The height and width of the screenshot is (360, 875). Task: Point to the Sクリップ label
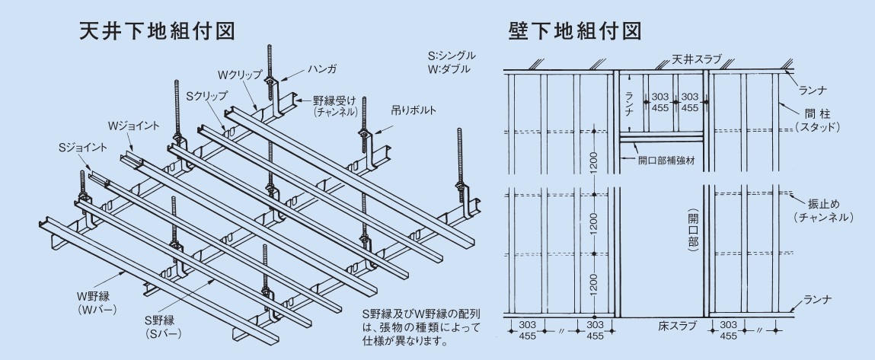click(206, 97)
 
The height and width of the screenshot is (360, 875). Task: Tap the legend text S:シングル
click(452, 56)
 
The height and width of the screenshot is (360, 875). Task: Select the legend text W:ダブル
click(449, 69)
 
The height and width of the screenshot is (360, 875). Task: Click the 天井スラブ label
click(696, 59)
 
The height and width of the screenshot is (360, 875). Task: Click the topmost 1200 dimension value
click(594, 162)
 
